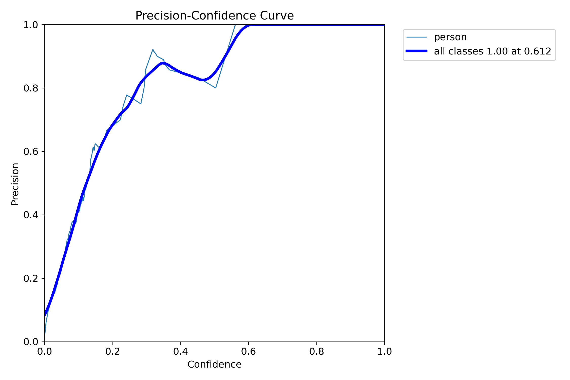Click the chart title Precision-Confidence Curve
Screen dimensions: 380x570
215,16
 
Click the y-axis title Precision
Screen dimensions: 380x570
15,184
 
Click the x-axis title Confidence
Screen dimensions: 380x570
214,365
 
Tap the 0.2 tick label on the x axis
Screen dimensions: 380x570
113,352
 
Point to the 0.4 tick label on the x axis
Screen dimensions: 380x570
181,352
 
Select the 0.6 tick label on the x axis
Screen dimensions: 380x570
249,352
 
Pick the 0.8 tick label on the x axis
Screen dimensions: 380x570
317,352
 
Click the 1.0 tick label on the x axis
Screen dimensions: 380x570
385,352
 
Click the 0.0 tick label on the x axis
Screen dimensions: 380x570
45,352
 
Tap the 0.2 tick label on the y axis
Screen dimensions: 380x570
31,278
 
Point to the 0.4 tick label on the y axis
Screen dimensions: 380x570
31,215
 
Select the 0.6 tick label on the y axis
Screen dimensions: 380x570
31,152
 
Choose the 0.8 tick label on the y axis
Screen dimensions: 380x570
31,88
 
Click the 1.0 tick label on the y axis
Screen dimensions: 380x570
31,25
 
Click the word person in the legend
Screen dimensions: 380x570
450,37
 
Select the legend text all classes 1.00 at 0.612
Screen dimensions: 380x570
492,51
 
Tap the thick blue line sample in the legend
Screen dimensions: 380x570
416,51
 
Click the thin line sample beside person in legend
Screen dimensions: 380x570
416,37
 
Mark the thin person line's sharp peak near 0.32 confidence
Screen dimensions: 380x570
153,49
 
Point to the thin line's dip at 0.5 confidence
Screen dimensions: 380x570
215,88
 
